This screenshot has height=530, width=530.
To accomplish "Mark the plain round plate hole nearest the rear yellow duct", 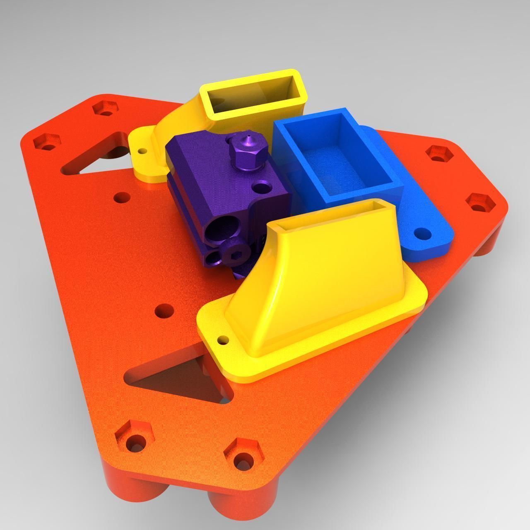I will click(120, 198).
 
